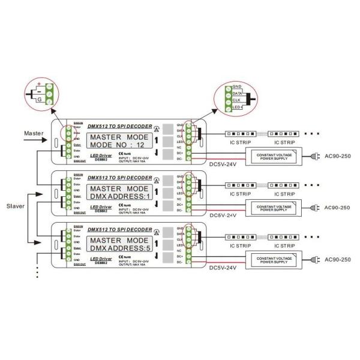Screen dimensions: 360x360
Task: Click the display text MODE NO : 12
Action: pyautogui.click(x=116, y=145)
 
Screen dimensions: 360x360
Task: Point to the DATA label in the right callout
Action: pyautogui.click(x=237, y=94)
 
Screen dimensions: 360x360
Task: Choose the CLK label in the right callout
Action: pyautogui.click(x=236, y=101)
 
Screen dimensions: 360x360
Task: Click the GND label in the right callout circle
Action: pyautogui.click(x=236, y=86)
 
